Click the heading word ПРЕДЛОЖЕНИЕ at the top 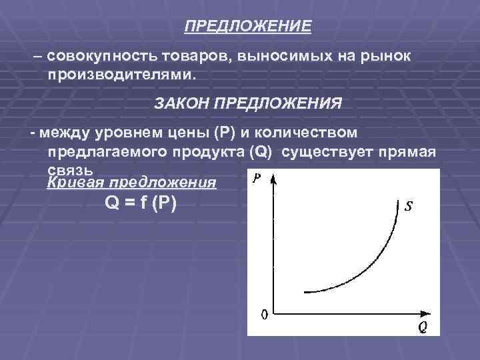coord(248,27)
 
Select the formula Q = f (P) coord(141,205)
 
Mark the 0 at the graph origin coord(264,313)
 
